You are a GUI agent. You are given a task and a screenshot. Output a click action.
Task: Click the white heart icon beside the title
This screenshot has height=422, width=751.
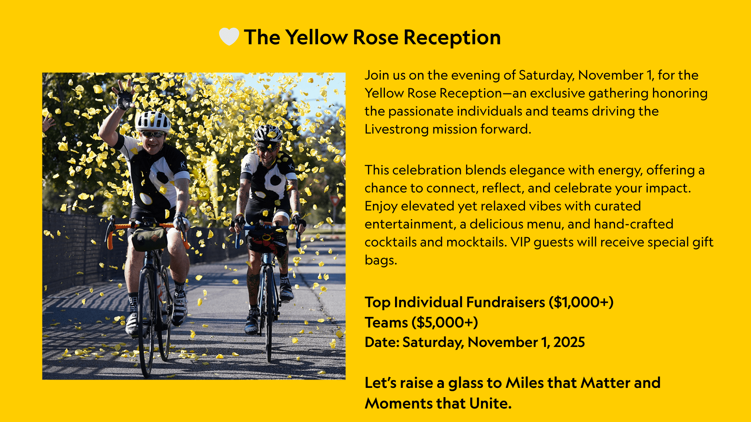[229, 37]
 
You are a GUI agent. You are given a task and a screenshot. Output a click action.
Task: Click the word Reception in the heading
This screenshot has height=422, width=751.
[452, 38]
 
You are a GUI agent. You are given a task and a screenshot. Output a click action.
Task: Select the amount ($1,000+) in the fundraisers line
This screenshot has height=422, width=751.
[581, 302]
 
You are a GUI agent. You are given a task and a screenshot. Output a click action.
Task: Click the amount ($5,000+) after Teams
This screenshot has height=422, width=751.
[445, 323]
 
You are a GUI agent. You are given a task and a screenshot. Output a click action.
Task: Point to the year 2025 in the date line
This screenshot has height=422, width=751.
[569, 342]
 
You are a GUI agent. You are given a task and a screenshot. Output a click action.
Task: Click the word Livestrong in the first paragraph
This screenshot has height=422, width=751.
[397, 129]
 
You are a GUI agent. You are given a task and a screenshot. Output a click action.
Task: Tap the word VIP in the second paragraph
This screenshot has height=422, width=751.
[520, 242]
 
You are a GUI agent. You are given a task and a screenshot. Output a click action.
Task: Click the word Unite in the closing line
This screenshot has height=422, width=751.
[490, 403]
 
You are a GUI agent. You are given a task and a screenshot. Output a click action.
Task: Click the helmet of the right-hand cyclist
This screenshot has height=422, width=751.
[268, 134]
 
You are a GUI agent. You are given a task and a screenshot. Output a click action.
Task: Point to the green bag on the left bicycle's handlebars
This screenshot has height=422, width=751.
[149, 239]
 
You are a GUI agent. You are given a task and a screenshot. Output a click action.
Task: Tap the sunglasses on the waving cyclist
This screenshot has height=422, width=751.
[153, 134]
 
